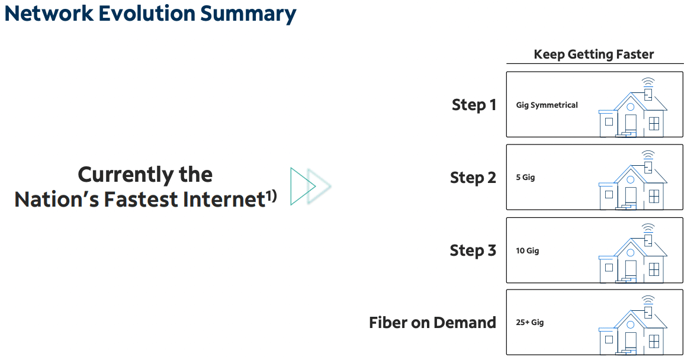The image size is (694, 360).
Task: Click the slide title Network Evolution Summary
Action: tap(150, 14)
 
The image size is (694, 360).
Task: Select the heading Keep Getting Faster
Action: tap(593, 54)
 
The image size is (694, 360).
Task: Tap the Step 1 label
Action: tap(474, 105)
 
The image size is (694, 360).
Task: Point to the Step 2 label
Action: tap(473, 178)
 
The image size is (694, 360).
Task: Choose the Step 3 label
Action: tap(473, 250)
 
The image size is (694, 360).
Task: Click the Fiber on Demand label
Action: tap(432, 322)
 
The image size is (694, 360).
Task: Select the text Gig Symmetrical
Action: tap(547, 105)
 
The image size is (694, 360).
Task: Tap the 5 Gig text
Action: tap(525, 177)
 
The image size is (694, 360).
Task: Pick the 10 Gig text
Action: tap(527, 250)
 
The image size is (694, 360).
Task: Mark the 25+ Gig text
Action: tap(530, 322)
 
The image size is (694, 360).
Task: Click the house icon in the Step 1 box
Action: tap(632, 108)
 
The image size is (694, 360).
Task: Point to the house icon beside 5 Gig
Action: tap(632, 180)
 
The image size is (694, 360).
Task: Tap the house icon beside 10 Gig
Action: tap(632, 253)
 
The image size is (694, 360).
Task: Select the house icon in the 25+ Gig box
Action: tap(632, 326)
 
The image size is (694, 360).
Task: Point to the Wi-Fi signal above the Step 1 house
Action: tap(648, 82)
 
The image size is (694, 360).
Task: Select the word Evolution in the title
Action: tap(146, 14)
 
